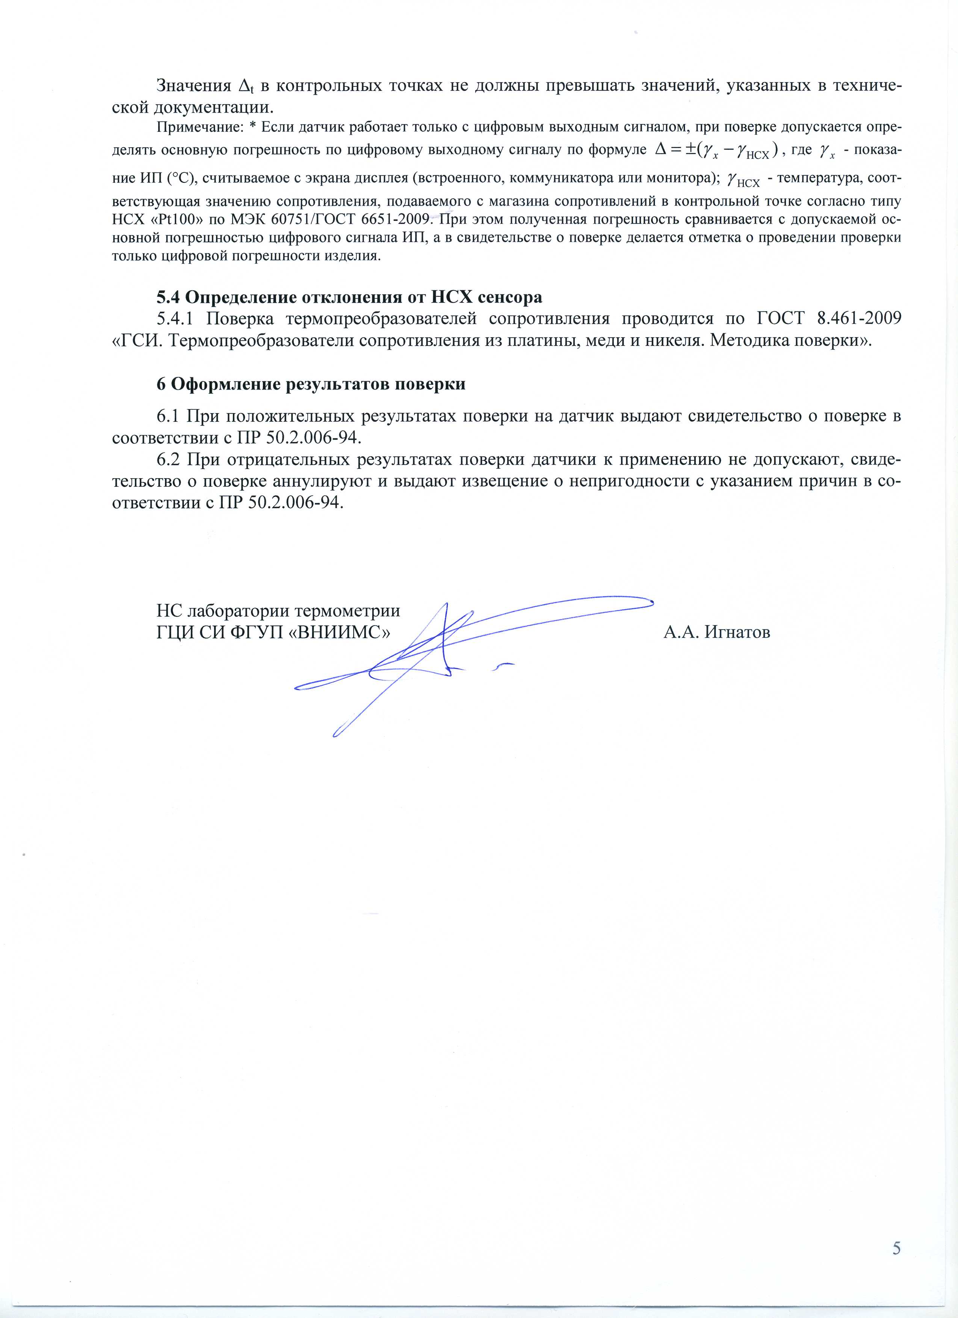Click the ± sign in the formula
tap(690, 151)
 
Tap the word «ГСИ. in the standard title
tap(136, 341)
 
